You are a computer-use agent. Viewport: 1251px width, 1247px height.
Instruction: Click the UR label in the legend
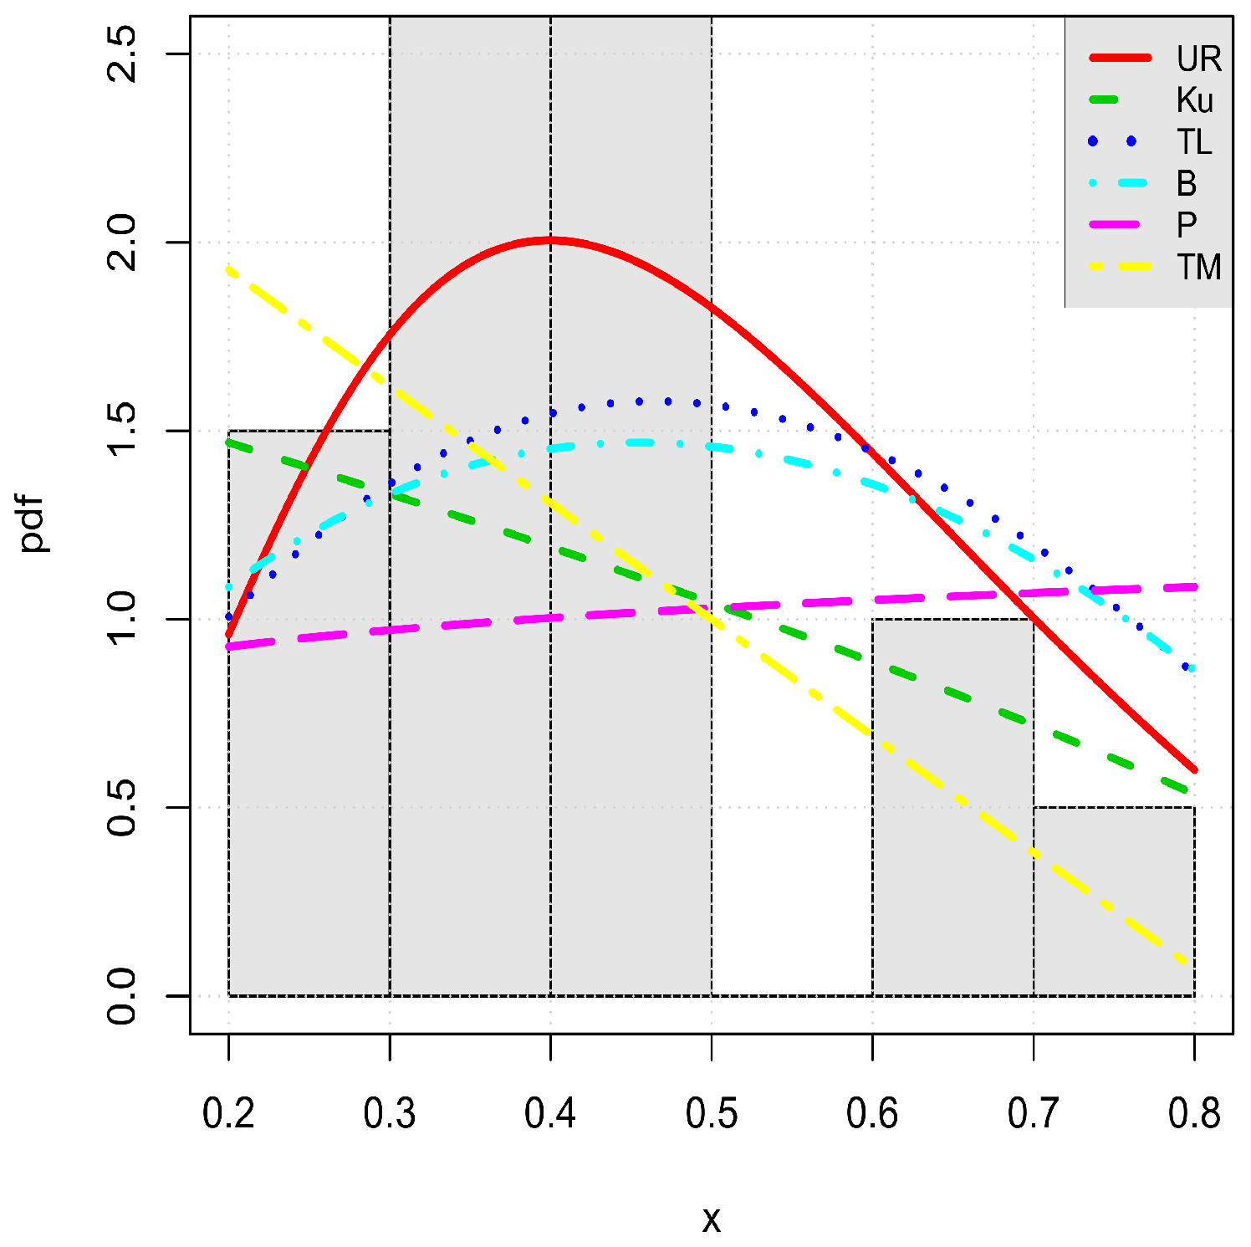pyautogui.click(x=1198, y=59)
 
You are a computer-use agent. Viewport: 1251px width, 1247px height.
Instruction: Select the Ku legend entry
pyautogui.click(x=1194, y=101)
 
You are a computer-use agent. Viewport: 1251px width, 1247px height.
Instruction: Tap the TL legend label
pyautogui.click(x=1194, y=142)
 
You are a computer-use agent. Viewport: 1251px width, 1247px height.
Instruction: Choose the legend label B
pyautogui.click(x=1186, y=183)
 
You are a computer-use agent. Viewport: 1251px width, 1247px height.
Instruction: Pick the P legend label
pyautogui.click(x=1186, y=225)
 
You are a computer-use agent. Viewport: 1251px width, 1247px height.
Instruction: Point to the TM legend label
pyautogui.click(x=1198, y=268)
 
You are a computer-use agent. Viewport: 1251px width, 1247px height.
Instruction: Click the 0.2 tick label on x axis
pyautogui.click(x=228, y=1114)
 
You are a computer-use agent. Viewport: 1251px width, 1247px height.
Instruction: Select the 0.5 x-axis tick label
pyautogui.click(x=711, y=1114)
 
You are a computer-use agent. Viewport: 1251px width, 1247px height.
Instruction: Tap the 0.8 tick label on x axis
pyautogui.click(x=1193, y=1114)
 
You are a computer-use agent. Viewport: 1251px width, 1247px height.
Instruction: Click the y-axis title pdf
pyautogui.click(x=35, y=524)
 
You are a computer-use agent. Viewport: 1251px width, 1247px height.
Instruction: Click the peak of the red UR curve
pyautogui.click(x=549, y=240)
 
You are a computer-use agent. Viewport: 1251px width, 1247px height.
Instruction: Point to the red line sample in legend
pyautogui.click(x=1121, y=59)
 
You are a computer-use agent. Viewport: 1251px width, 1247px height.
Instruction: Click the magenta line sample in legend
pyautogui.click(x=1121, y=224)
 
